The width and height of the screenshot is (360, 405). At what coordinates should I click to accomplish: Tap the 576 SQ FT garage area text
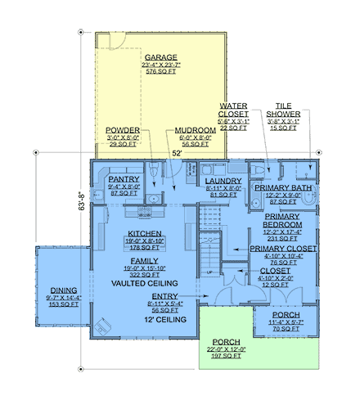coord(162,73)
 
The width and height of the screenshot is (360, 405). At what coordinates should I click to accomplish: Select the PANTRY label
coord(124,178)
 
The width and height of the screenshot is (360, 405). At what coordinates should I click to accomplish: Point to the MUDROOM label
coord(196,130)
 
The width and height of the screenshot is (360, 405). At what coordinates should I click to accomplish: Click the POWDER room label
coord(123,130)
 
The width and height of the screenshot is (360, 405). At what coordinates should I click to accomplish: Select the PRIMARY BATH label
coord(282,188)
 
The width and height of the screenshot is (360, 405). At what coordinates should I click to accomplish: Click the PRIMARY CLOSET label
coord(282,248)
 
